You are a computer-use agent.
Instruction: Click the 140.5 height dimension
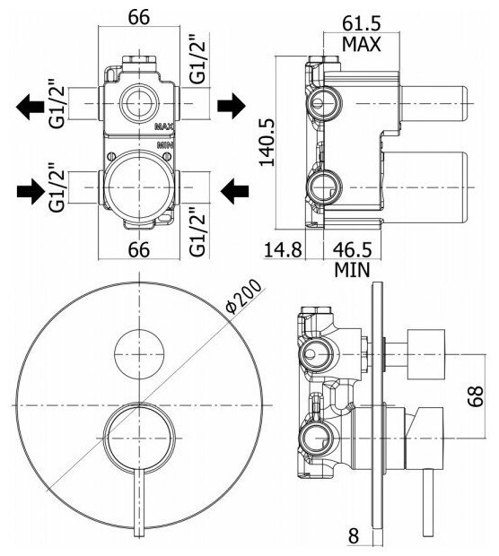pos(267,142)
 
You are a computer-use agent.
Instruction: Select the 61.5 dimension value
pos(362,23)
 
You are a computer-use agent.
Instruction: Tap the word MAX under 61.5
pos(362,44)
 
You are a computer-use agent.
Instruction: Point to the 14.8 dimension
pos(283,249)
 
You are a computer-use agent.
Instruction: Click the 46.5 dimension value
pos(352,249)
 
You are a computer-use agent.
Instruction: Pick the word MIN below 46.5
pos(352,270)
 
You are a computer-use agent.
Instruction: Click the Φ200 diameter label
pos(245,297)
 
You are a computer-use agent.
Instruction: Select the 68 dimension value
pos(476,395)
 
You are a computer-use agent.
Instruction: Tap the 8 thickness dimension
pos(353,535)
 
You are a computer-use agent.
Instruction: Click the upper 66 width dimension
pos(139,17)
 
